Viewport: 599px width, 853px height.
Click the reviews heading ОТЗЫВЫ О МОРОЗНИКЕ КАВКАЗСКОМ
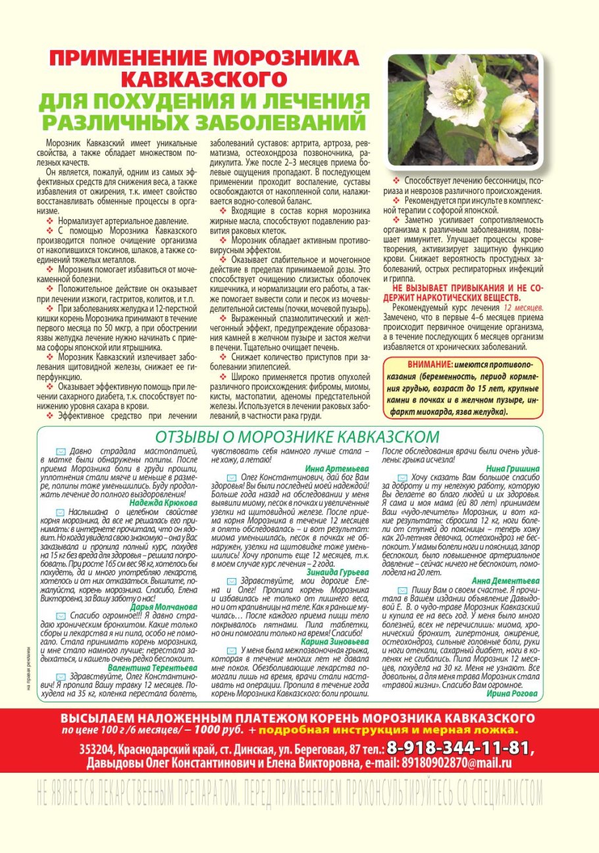tap(297, 437)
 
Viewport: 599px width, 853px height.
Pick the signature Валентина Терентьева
tap(153, 667)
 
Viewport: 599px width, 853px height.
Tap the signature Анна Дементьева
tap(506, 581)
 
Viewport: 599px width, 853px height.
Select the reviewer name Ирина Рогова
tap(513, 693)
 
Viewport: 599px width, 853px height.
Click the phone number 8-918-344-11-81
tap(461, 748)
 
